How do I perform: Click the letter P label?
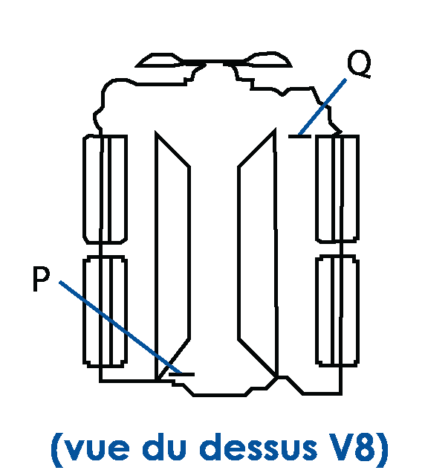(41, 279)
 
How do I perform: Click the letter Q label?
(359, 64)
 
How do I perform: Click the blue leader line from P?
(120, 327)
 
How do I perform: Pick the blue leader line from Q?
(322, 106)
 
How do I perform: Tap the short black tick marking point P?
(181, 374)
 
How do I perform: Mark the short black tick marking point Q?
(299, 136)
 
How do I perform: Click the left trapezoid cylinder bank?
(156, 255)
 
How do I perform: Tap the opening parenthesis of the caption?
(56, 449)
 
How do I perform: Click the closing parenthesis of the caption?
(383, 449)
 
